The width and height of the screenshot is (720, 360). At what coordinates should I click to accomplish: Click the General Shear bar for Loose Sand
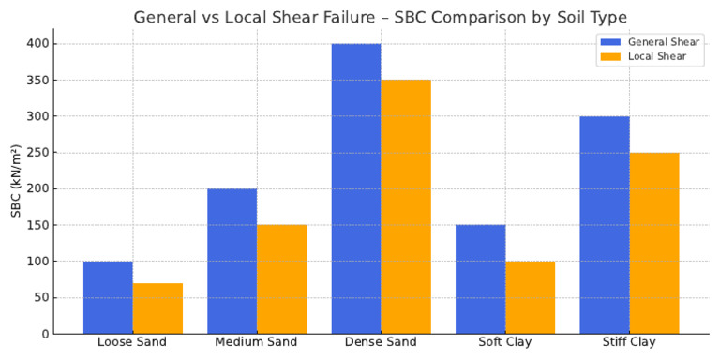tap(108, 297)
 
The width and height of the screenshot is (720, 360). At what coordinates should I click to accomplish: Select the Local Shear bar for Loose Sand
tap(157, 308)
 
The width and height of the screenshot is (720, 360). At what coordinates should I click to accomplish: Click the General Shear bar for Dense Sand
tap(356, 188)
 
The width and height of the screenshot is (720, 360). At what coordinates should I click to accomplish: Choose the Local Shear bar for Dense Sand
tap(406, 206)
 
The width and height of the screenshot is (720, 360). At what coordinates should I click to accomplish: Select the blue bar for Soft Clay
tap(480, 279)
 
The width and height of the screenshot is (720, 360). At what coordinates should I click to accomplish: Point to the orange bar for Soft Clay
tap(530, 297)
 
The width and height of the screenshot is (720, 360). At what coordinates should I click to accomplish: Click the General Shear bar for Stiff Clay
tap(605, 225)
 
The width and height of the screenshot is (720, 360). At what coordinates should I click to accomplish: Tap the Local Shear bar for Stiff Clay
tap(654, 243)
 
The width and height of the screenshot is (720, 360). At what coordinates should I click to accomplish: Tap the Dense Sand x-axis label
tap(381, 342)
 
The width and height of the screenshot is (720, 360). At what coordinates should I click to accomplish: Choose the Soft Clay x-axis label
tap(505, 342)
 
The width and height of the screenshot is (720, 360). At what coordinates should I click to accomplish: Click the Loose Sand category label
tap(132, 342)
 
